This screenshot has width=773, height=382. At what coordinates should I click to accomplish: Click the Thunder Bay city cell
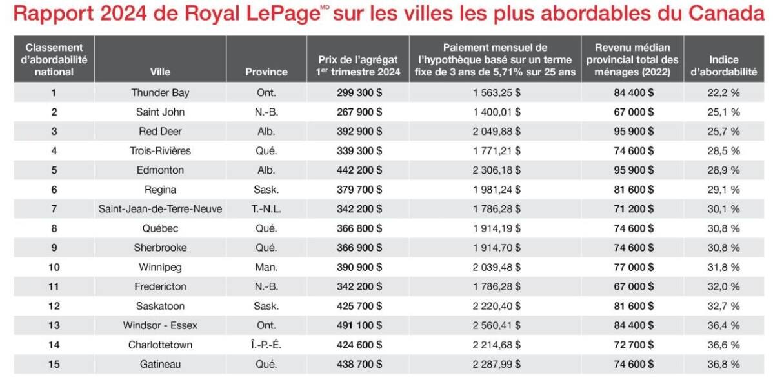click(x=160, y=92)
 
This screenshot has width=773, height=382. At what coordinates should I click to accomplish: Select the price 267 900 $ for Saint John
click(x=359, y=112)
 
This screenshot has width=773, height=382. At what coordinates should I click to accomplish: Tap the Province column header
click(x=266, y=72)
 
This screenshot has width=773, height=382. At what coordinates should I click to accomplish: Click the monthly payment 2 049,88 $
click(x=496, y=131)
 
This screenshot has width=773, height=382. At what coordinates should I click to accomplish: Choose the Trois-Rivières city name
click(x=160, y=150)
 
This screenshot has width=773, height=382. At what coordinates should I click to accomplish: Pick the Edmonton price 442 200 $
click(x=359, y=170)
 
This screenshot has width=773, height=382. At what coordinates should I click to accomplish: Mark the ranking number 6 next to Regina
click(x=54, y=190)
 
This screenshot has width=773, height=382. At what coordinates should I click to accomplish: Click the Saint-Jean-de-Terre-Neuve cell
click(x=160, y=209)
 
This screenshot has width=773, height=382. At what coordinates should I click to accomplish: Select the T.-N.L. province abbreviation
click(x=266, y=209)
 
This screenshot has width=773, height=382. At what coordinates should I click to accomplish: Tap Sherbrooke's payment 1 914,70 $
click(x=496, y=248)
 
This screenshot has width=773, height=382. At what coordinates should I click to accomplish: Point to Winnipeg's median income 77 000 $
click(x=634, y=267)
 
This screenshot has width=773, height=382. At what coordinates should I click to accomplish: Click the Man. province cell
click(x=266, y=267)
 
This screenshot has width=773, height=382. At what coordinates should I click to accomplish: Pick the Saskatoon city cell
click(x=160, y=306)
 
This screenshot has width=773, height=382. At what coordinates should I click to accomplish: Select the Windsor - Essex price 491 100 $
click(x=359, y=325)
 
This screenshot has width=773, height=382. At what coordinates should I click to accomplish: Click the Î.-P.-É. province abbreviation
click(x=266, y=345)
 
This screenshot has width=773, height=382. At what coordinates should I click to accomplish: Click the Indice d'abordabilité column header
click(x=723, y=65)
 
